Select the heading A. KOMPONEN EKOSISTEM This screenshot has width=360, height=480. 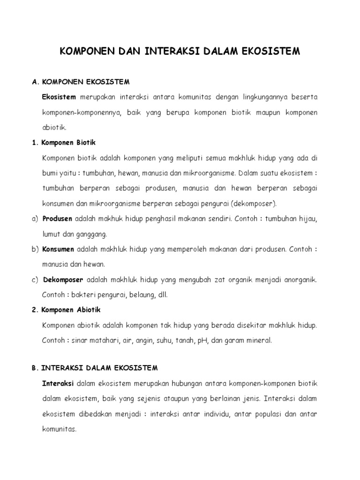click(80, 82)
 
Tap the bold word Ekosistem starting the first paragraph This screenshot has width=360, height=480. click(59, 97)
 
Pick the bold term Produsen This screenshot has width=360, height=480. click(57, 219)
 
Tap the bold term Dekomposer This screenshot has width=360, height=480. click(63, 280)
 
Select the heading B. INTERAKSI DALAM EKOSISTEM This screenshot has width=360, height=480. click(95, 368)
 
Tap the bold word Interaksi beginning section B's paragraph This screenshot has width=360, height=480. click(58, 383)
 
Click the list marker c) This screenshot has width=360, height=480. click(35, 280)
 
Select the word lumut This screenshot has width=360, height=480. click(51, 233)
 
